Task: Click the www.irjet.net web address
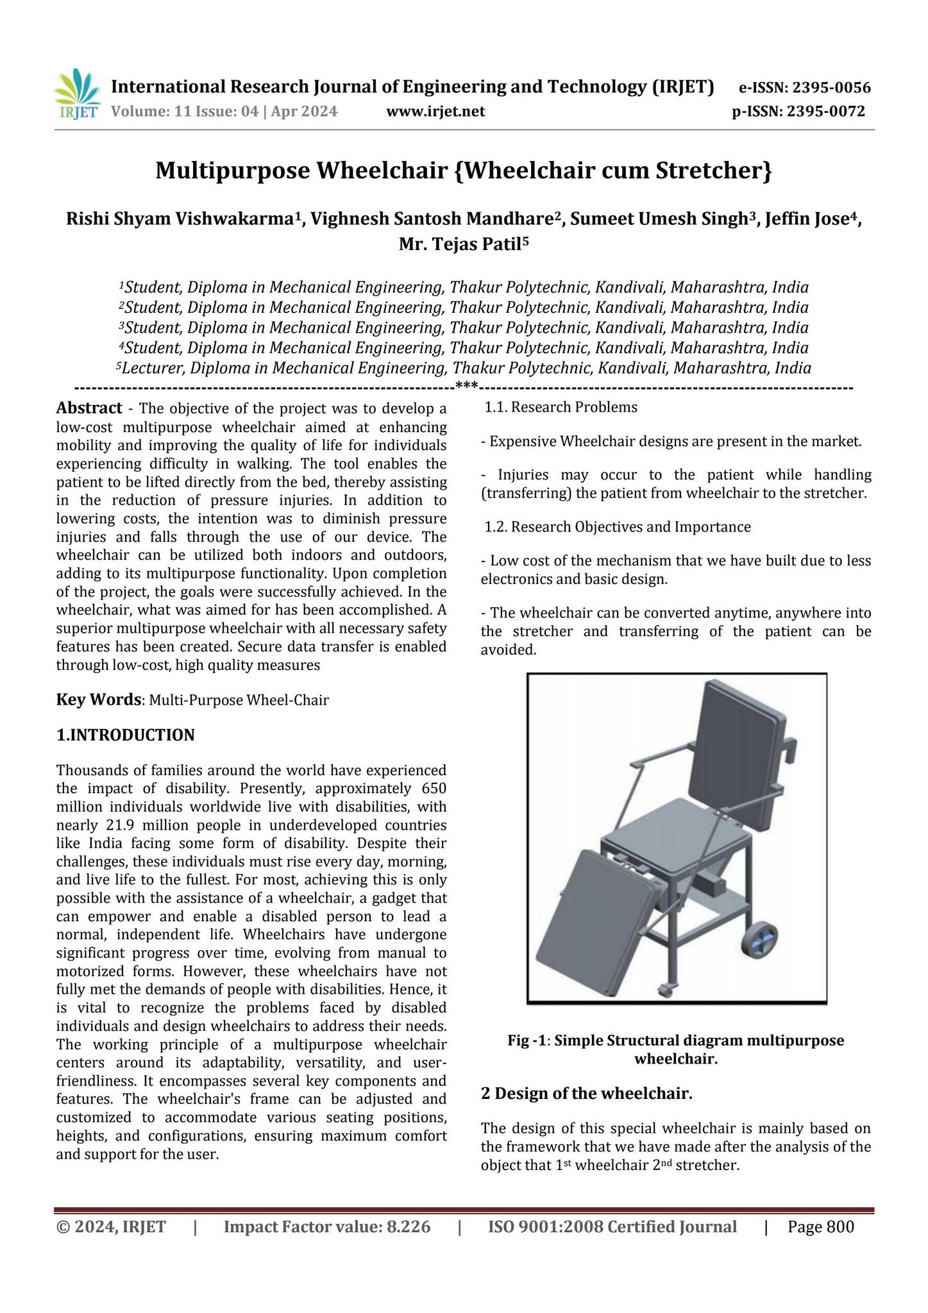(435, 112)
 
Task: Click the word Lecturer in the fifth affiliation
(153, 369)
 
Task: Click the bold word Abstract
(89, 408)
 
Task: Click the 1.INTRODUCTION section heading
(126, 735)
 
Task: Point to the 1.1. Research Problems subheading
(561, 408)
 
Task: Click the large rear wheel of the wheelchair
(759, 942)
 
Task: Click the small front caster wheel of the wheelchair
(665, 989)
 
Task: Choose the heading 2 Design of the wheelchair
(586, 1093)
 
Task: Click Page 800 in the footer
(821, 1227)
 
